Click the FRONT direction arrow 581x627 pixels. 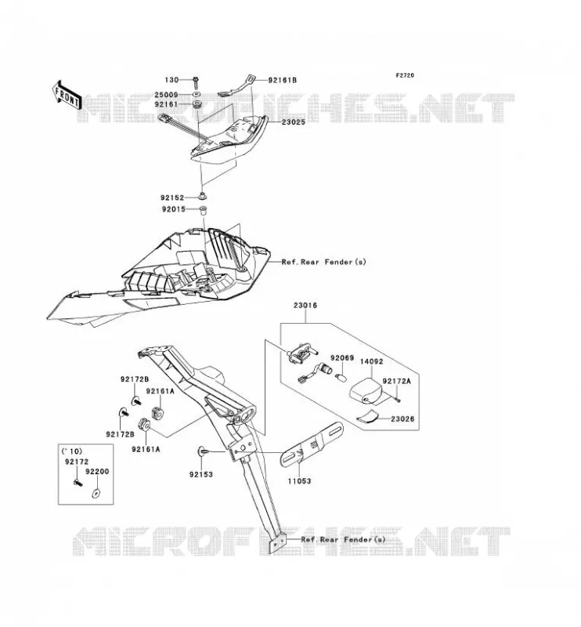pos(67,95)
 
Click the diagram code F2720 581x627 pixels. pos(405,75)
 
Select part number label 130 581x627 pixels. pos(171,80)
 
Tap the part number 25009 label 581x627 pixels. pos(167,95)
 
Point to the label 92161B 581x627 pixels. pos(282,80)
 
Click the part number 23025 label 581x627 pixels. pos(294,122)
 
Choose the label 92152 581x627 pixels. pos(172,198)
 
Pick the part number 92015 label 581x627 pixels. pos(173,209)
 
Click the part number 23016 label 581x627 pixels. pos(305,305)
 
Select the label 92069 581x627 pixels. pos(341,358)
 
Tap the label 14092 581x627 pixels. pos(371,361)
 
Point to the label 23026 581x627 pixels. pos(402,419)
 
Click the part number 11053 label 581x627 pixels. pos(299,481)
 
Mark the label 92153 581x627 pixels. pos(201,475)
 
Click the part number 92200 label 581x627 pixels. pos(97,472)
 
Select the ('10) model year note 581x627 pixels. pos(71,451)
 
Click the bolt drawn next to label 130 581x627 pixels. pos(196,82)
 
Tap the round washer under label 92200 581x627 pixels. pos(96,493)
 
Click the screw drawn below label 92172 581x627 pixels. pos(78,483)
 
